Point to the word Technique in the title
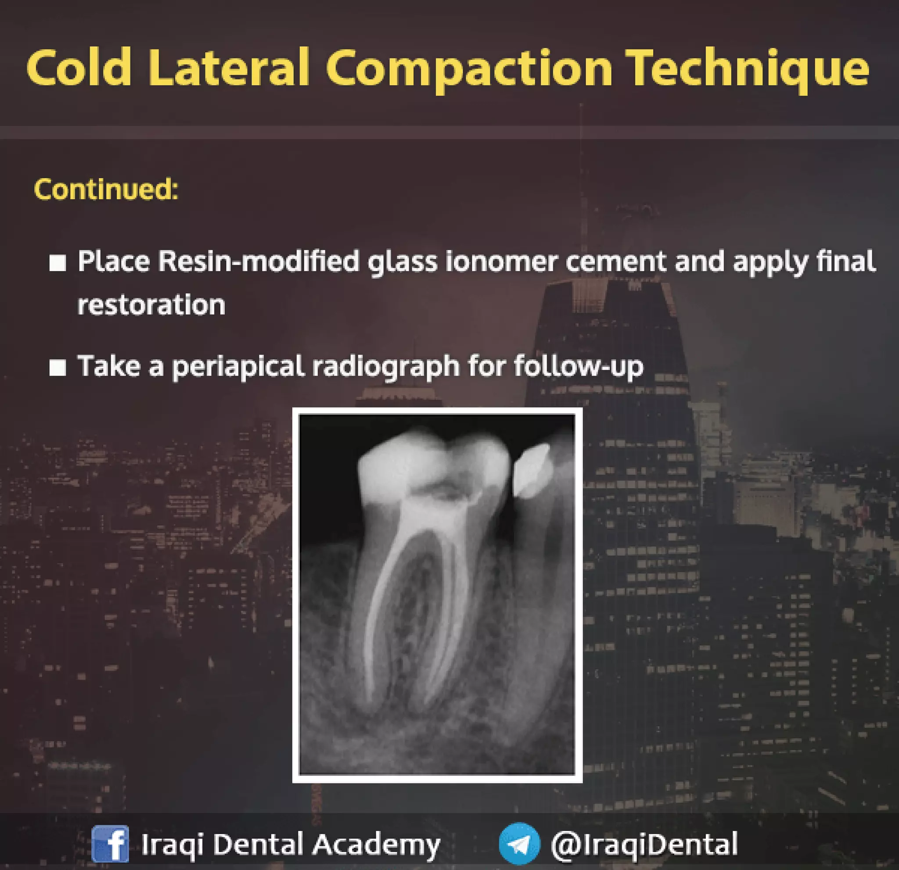pos(747,69)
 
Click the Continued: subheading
pos(106,189)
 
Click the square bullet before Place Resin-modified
pos(58,263)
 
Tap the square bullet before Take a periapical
pos(58,367)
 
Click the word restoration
pos(151,305)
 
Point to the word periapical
pos(238,367)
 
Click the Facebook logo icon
pos(110,844)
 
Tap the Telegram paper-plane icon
pos(519,844)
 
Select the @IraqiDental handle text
pos(644,844)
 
